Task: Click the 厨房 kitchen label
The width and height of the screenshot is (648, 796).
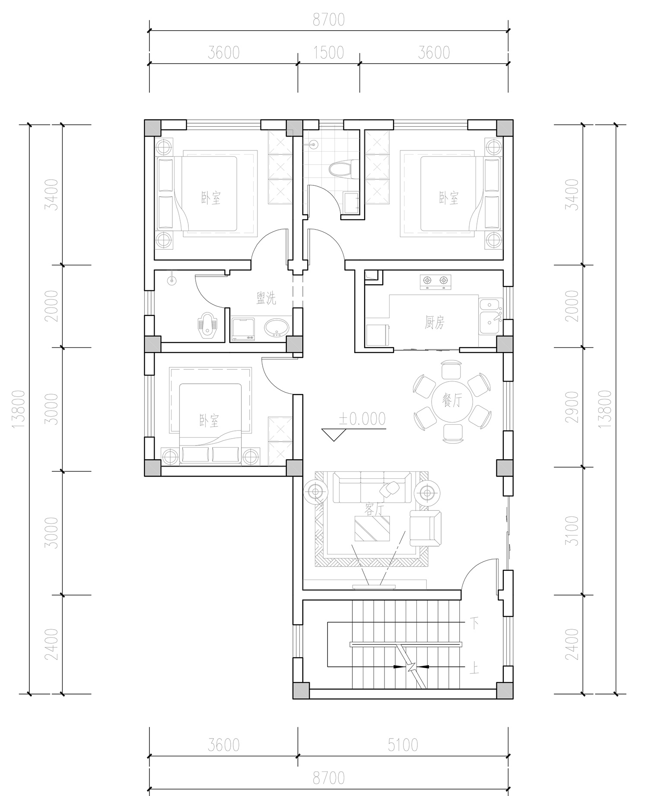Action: coord(434,323)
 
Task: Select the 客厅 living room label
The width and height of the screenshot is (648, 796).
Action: coord(374,509)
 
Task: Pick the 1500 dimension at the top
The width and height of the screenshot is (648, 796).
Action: coord(329,53)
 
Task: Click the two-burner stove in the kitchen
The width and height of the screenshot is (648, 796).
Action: coord(435,281)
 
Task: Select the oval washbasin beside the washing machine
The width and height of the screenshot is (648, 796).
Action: coord(276,328)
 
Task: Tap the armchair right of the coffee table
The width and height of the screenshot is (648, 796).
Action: coord(425,528)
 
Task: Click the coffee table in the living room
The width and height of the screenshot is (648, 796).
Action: coord(373,528)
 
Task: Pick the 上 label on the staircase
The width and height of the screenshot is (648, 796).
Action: coord(474,669)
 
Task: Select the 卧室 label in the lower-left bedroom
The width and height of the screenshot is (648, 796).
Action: coord(209,420)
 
